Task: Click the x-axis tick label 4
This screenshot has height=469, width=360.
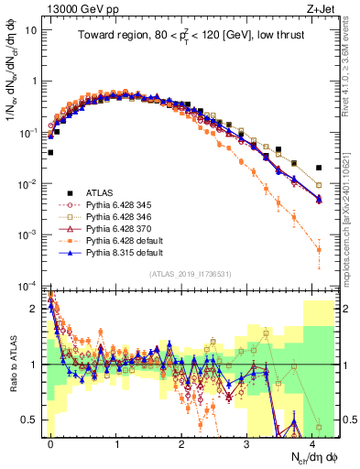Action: point(312,443)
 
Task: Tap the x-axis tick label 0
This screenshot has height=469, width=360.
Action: point(50,443)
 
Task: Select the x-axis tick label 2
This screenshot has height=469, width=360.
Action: point(181,443)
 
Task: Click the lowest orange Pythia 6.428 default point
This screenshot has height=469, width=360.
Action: point(319,249)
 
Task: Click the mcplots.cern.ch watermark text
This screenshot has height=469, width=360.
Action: point(351,220)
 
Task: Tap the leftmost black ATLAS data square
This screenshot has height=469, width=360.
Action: point(50,153)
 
